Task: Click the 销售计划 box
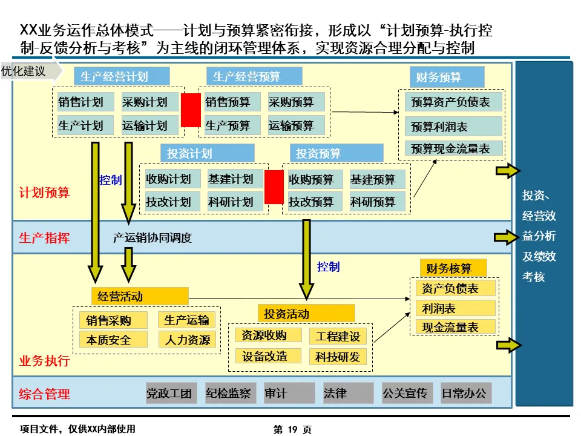[x=81, y=102]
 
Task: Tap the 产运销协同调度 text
[x=153, y=238]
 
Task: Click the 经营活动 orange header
[x=140, y=296]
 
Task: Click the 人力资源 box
[x=187, y=339]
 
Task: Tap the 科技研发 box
[x=338, y=357]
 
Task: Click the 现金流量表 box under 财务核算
[x=455, y=327]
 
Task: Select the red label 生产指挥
[x=44, y=238]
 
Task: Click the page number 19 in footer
[x=293, y=429]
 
